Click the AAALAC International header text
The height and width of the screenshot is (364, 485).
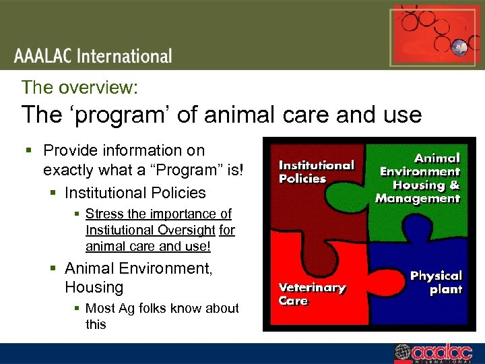pos(94,56)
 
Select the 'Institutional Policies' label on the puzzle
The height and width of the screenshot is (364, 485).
pos(316,172)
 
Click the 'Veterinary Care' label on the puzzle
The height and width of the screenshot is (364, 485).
pos(312,294)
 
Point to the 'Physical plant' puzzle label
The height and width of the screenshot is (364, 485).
pos(436,282)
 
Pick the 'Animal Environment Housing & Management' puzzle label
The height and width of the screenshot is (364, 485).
pos(418,178)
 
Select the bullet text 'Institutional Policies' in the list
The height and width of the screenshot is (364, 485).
pos(135,193)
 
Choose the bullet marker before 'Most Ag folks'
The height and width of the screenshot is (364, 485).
pos(78,309)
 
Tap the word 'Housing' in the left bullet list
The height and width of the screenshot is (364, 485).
pos(94,287)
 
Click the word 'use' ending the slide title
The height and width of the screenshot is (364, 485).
pos(401,115)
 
